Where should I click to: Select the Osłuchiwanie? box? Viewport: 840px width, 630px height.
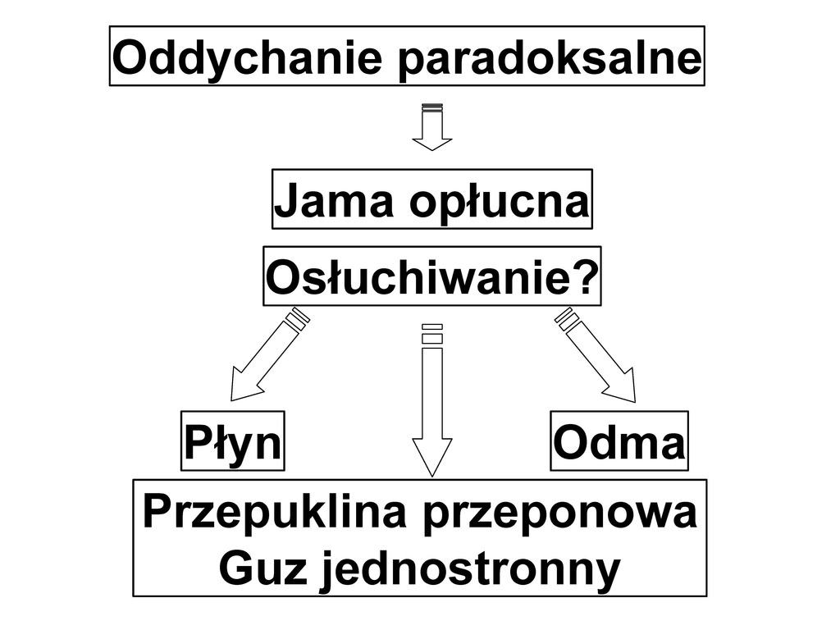(431, 276)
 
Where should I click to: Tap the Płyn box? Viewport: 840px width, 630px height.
(233, 441)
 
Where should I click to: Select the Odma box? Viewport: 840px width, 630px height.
(619, 441)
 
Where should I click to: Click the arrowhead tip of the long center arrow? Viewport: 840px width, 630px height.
(432, 471)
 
